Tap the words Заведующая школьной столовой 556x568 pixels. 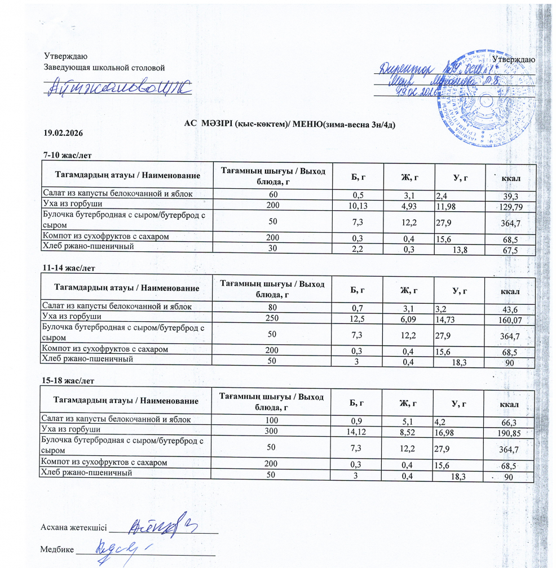[x=104, y=68]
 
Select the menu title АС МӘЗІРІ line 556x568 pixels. [x=290, y=123]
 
